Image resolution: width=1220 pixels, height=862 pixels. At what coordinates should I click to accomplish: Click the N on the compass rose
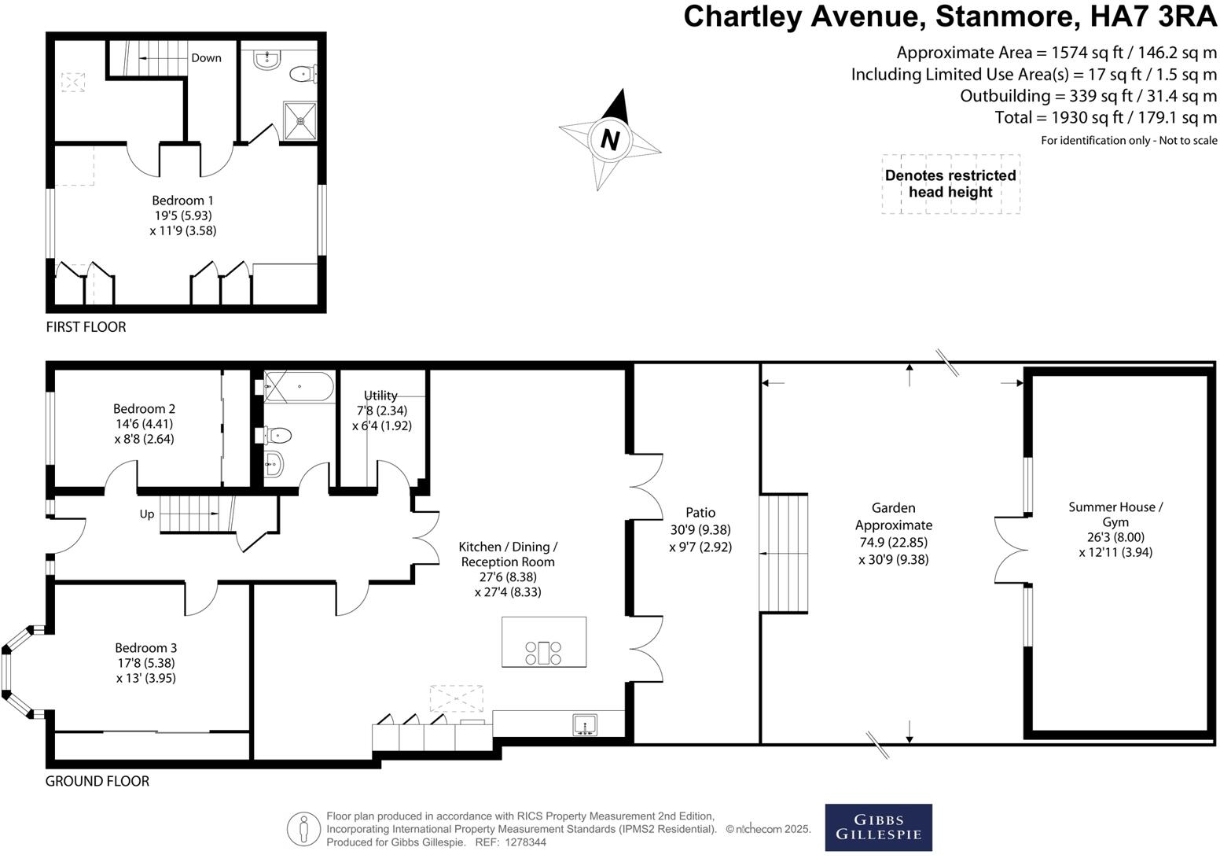[x=610, y=140]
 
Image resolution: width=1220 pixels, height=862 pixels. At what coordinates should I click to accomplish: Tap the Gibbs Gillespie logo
[x=878, y=827]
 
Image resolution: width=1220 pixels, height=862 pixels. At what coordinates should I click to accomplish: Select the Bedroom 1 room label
[x=182, y=201]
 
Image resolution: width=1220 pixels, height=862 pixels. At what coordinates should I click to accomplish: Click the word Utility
[x=380, y=396]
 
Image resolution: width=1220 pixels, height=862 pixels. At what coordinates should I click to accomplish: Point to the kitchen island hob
[x=543, y=653]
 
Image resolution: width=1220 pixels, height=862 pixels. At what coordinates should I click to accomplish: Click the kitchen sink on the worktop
[x=585, y=724]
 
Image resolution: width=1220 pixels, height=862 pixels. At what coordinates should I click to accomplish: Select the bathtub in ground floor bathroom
[x=298, y=387]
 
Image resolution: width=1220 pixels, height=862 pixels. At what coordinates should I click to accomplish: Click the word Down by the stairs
[x=206, y=58]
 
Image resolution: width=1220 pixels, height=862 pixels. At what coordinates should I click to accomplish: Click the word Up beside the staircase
[x=147, y=514]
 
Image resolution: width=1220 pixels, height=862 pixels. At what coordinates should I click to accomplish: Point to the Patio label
[x=700, y=513]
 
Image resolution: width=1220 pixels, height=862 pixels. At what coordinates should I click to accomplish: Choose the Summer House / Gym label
[x=1115, y=514]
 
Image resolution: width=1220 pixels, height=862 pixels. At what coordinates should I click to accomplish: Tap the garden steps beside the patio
[x=784, y=553]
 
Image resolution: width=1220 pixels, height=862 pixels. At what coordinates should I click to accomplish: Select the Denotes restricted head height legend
[x=950, y=184]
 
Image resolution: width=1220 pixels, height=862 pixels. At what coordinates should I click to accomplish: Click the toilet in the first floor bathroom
[x=303, y=75]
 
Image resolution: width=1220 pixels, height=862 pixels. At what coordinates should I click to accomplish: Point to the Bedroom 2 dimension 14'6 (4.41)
[x=144, y=424]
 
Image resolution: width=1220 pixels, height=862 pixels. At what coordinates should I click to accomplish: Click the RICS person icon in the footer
[x=303, y=829]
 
